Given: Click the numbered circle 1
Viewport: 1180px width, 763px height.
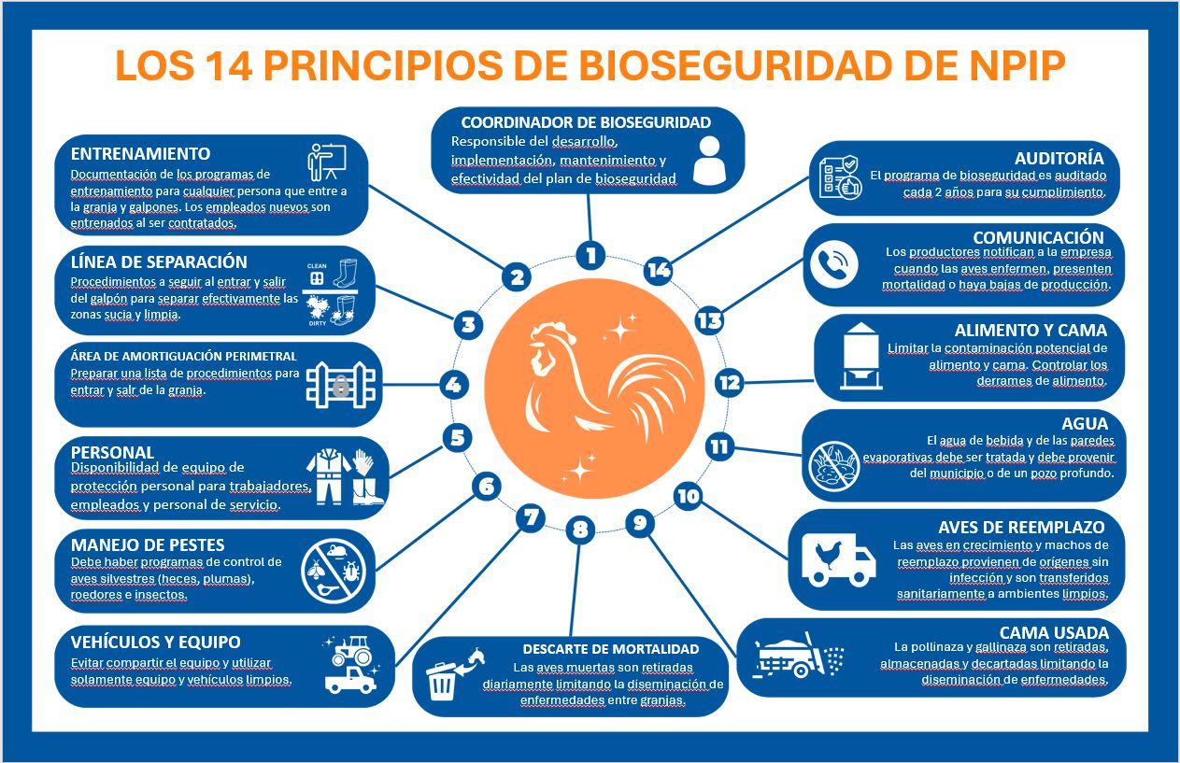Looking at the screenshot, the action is pyautogui.click(x=590, y=255).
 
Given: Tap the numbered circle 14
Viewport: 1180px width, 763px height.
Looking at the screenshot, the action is pyautogui.click(x=659, y=270).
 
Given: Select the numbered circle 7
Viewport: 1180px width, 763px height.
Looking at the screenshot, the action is pyautogui.click(x=531, y=517).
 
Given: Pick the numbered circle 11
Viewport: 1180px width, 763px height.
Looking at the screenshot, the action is pyautogui.click(x=719, y=447).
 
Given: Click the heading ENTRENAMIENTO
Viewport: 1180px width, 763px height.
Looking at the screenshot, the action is pyautogui.click(x=141, y=154).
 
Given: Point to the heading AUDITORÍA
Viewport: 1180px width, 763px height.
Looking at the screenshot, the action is pyautogui.click(x=1059, y=158).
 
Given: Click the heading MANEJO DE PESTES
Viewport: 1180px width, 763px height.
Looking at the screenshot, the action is pyautogui.click(x=148, y=545).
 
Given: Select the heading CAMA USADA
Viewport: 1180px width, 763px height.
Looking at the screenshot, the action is pyautogui.click(x=1054, y=632).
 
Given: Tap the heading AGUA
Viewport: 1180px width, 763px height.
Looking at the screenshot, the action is pyautogui.click(x=1085, y=423).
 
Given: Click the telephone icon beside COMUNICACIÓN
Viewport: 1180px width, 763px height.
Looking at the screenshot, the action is pyautogui.click(x=834, y=264).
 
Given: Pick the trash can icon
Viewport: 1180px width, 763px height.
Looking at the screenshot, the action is pyautogui.click(x=441, y=682).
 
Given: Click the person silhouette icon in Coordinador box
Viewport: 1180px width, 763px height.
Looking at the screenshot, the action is pyautogui.click(x=709, y=161).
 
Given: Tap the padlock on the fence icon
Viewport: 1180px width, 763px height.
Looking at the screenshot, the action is pyautogui.click(x=341, y=386).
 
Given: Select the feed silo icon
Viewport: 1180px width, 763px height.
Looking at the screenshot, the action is pyautogui.click(x=860, y=356).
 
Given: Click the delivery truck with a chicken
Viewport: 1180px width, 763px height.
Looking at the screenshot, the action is pyautogui.click(x=839, y=559).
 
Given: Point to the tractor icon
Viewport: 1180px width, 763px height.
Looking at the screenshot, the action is pyautogui.click(x=352, y=651).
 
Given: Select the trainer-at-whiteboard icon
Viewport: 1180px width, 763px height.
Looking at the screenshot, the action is pyautogui.click(x=327, y=162).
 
